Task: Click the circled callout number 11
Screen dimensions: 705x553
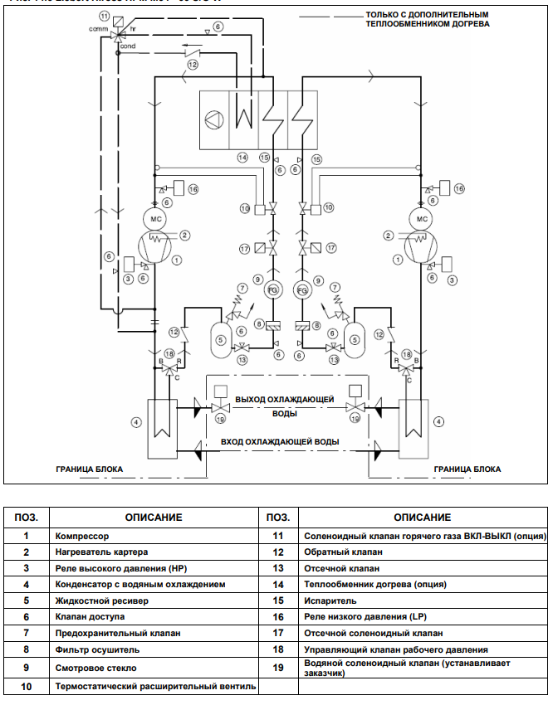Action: [104, 16]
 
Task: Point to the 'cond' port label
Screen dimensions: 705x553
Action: [127, 46]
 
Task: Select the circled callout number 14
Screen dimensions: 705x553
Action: [242, 157]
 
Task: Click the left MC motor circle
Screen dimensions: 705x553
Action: [155, 219]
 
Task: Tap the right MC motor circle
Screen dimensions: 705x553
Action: [422, 219]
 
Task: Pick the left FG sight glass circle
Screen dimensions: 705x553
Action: [272, 290]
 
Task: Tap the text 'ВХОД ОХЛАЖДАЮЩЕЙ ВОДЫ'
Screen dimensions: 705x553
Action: [280, 442]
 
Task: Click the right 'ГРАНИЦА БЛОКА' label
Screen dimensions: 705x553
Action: [467, 469]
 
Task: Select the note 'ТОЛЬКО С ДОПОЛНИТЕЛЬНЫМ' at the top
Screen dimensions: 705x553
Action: [427, 14]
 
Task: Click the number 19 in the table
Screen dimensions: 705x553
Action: [277, 668]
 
